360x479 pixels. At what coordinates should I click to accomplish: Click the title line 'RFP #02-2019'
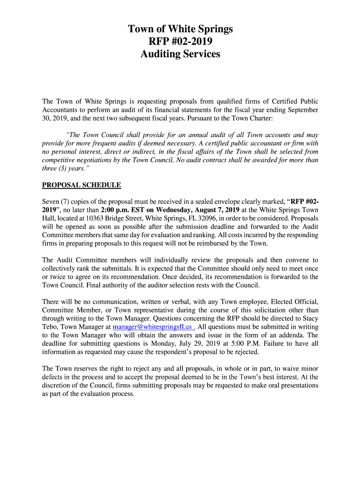click(180, 42)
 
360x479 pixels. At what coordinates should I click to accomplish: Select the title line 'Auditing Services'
click(180, 54)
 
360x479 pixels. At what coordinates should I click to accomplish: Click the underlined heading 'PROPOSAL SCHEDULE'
click(81, 185)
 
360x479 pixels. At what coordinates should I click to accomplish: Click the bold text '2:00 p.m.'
click(115, 210)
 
